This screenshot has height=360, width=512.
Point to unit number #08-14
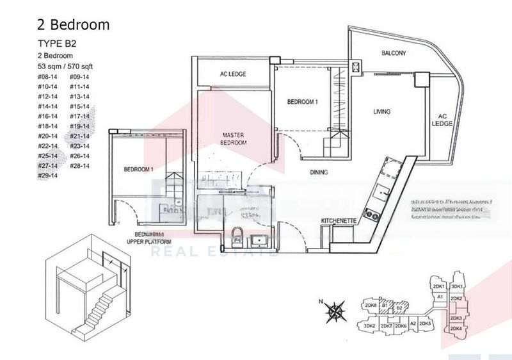pyautogui.click(x=47, y=76)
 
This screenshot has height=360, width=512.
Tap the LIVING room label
pyautogui.click(x=382, y=112)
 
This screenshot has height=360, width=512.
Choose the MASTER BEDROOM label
pyautogui.click(x=234, y=139)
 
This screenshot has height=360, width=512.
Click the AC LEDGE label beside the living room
pyautogui.click(x=442, y=120)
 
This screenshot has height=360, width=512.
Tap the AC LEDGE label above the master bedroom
pyautogui.click(x=233, y=74)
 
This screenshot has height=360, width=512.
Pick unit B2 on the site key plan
pyautogui.click(x=399, y=309)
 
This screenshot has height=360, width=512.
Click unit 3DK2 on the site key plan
pyautogui.click(x=369, y=326)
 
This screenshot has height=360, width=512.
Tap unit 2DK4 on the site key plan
pyautogui.click(x=457, y=329)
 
